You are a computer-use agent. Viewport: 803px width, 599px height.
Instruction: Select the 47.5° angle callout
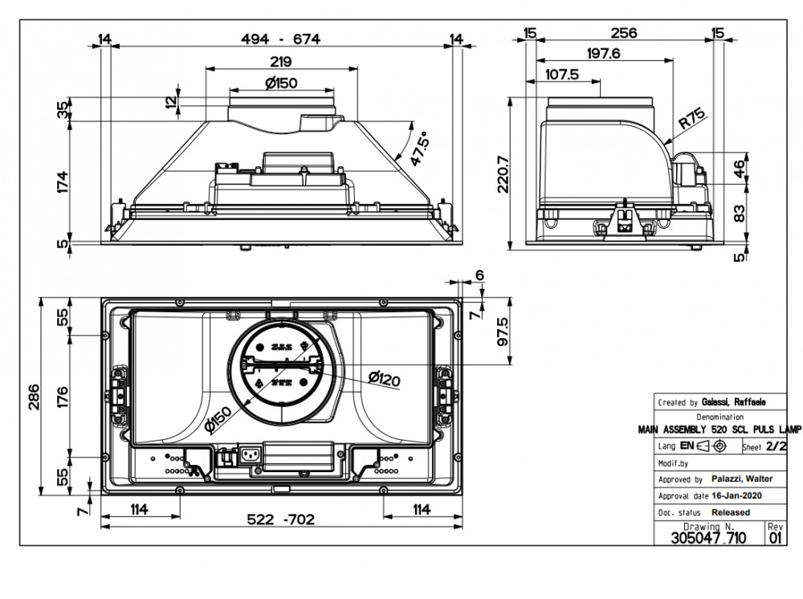tap(418, 149)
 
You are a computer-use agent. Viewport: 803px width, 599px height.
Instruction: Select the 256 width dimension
tap(623, 33)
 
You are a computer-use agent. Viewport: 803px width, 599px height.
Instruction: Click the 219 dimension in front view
tap(280, 62)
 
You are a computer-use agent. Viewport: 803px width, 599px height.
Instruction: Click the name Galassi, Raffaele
tap(733, 402)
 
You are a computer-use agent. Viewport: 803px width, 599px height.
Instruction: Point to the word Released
tap(731, 511)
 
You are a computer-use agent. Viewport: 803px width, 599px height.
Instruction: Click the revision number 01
tap(775, 539)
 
